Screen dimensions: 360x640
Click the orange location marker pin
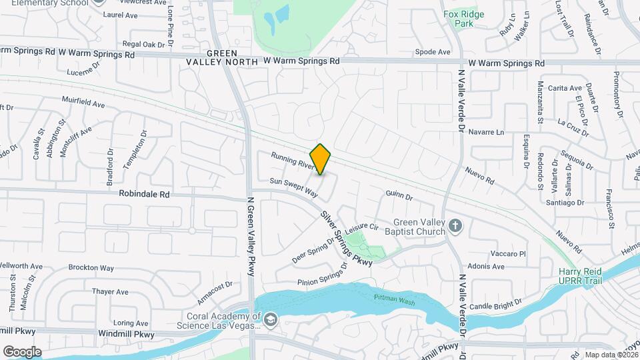[321, 159]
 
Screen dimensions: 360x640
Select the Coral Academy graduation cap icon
[270, 321]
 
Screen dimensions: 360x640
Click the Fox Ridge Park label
[463, 18]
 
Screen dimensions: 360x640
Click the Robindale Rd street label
[144, 195]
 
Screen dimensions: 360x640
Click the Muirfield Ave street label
[83, 104]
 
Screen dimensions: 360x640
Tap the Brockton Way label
[91, 268]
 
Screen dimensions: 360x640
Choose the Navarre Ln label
[486, 132]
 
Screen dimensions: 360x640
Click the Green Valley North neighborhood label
[231, 57]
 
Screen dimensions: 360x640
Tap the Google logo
[22, 351]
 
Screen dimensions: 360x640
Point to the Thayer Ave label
[110, 291]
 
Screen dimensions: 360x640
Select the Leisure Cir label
[363, 227]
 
